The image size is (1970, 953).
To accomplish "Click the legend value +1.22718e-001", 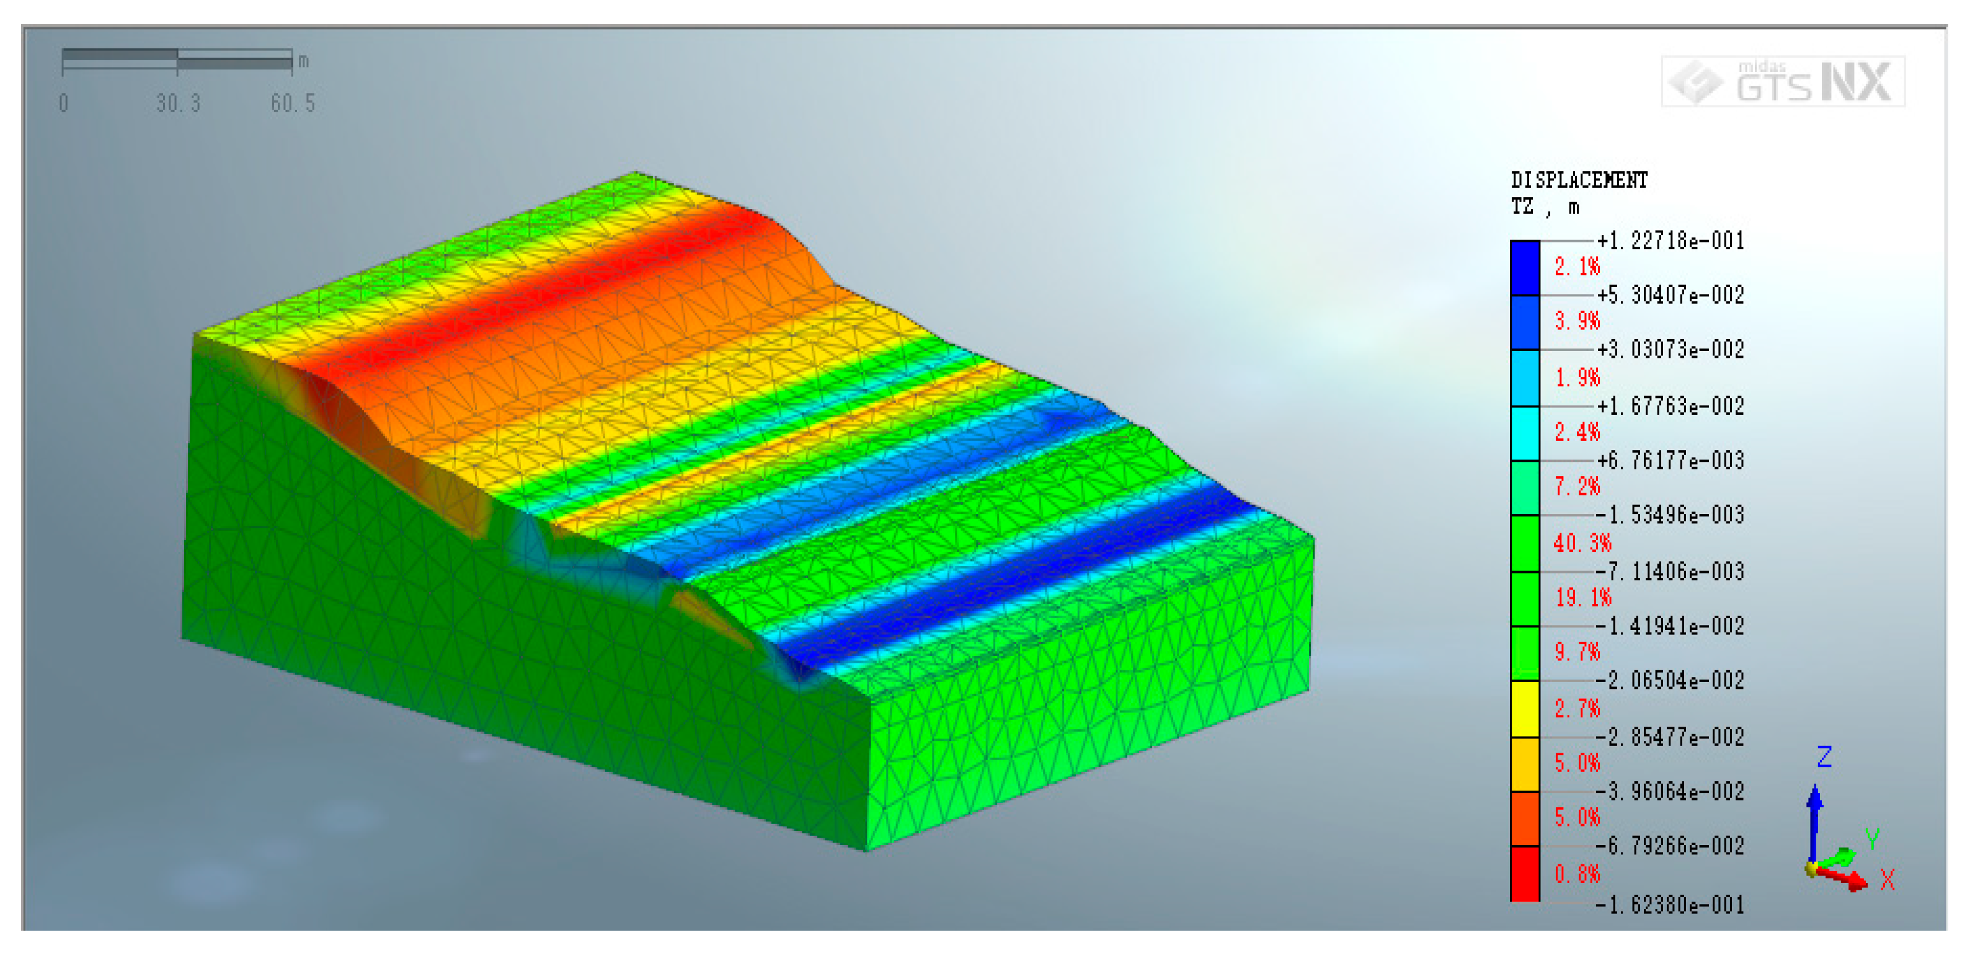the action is [x=1671, y=241].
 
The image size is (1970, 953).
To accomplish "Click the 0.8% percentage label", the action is [x=1577, y=874].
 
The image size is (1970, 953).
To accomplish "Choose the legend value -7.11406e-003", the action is [x=1671, y=571].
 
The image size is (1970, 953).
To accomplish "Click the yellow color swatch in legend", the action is [x=1525, y=709].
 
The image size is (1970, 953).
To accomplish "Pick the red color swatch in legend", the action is [x=1525, y=874].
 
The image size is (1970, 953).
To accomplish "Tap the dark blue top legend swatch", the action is [x=1525, y=268].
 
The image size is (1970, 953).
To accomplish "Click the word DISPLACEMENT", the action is [x=1579, y=180].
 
